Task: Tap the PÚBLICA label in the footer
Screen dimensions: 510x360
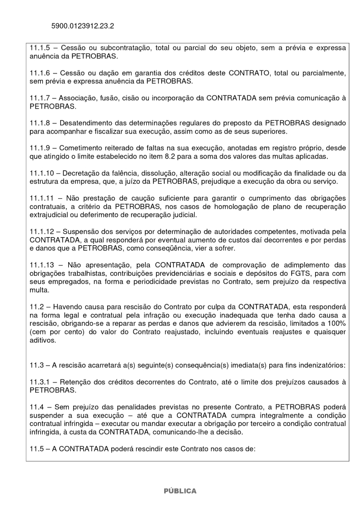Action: pos(179,491)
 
